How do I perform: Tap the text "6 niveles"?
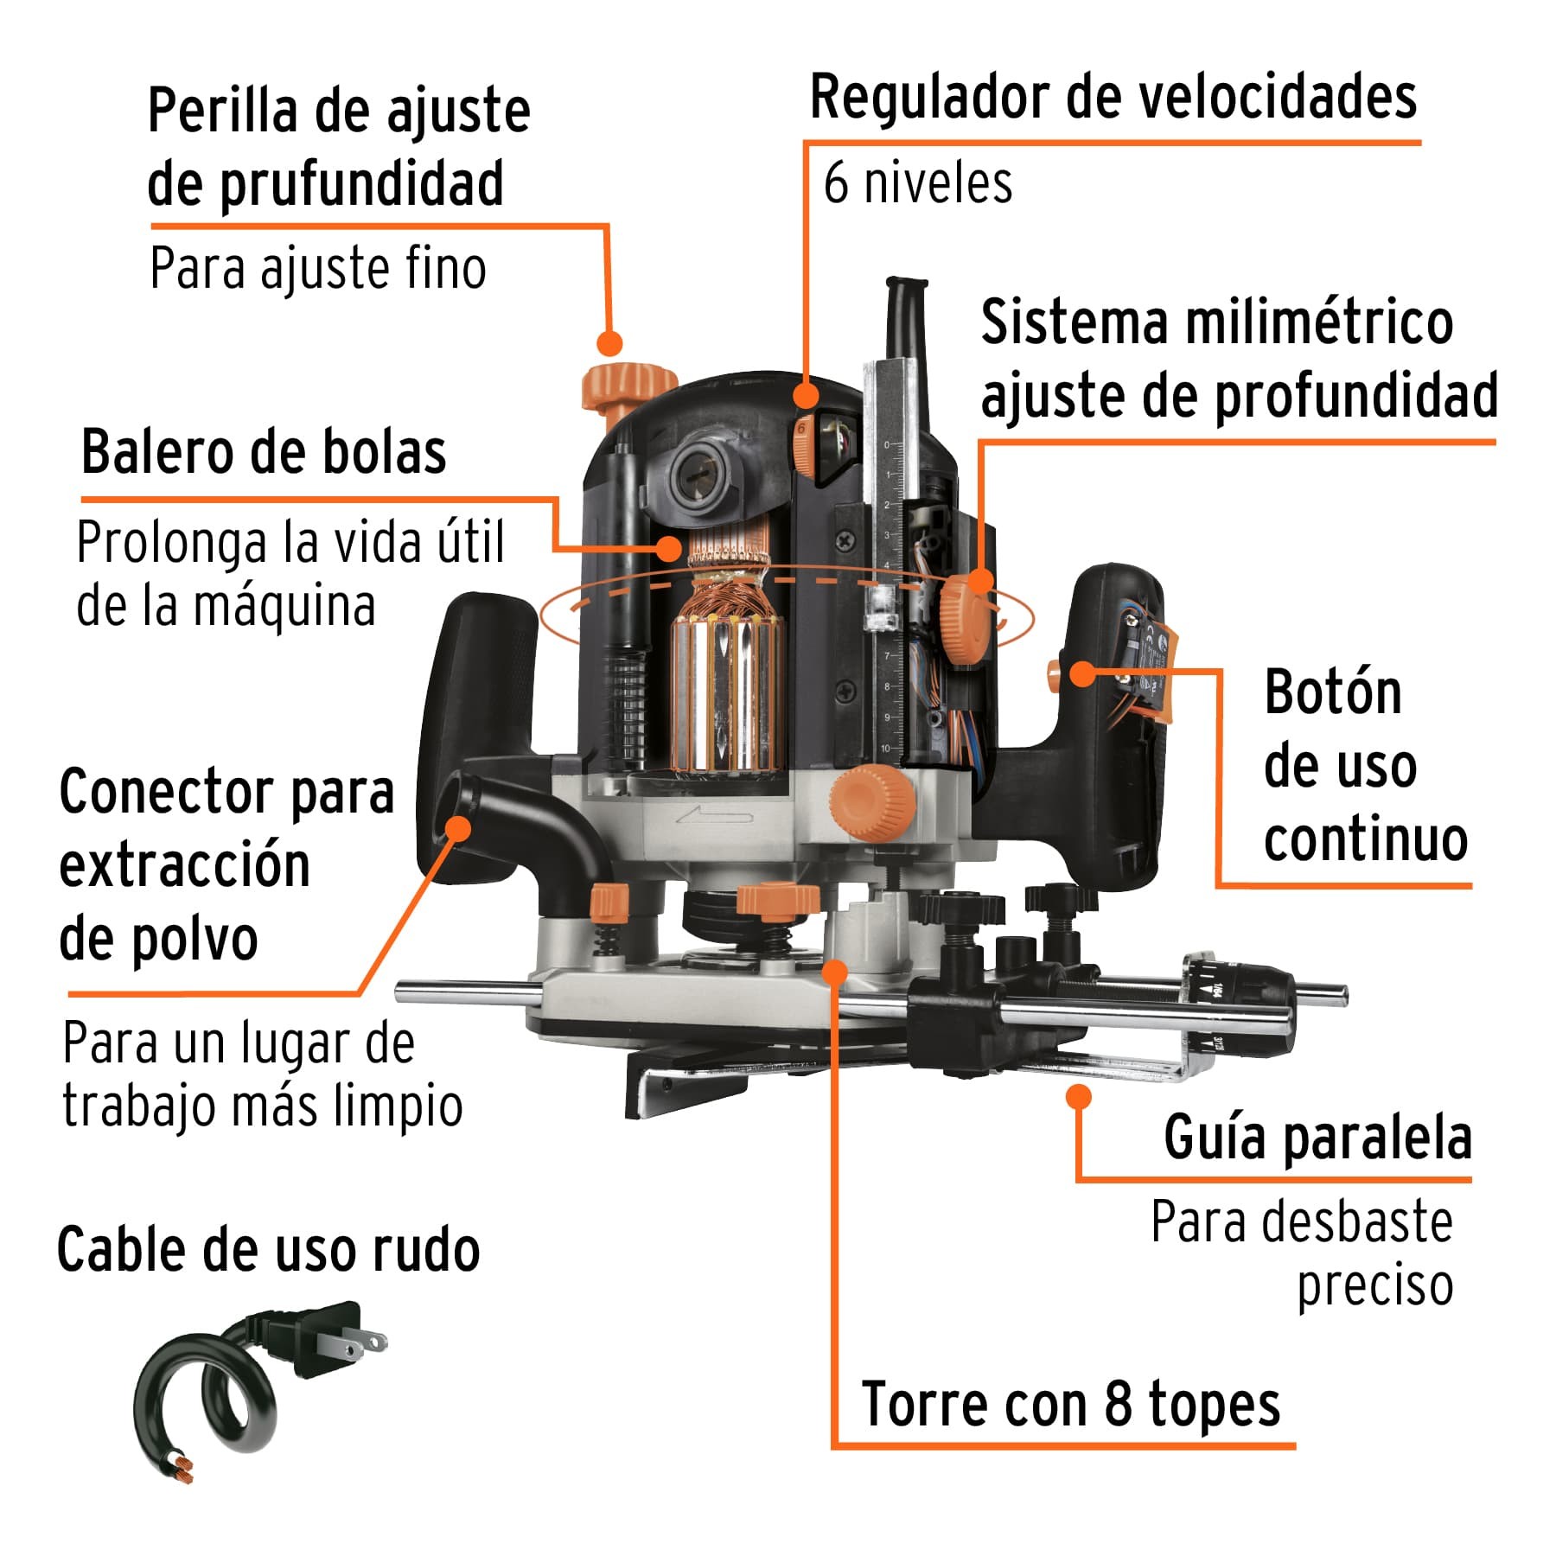(917, 183)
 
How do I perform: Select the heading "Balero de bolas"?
(264, 452)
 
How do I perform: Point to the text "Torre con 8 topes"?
(1070, 1404)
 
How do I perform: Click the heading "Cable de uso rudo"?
(268, 1251)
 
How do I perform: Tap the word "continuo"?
(1365, 839)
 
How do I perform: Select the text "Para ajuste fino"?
(317, 269)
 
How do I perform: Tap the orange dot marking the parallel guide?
(1078, 1097)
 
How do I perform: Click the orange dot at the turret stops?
(834, 971)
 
